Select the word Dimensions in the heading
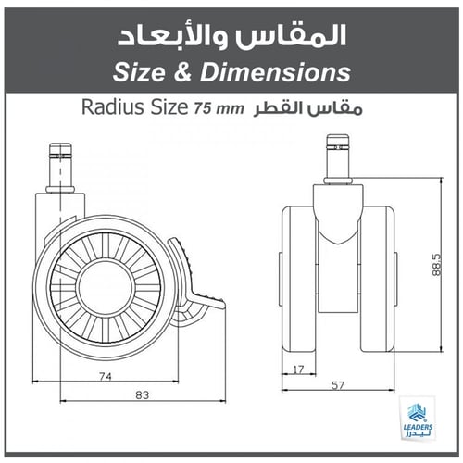point(274,71)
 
